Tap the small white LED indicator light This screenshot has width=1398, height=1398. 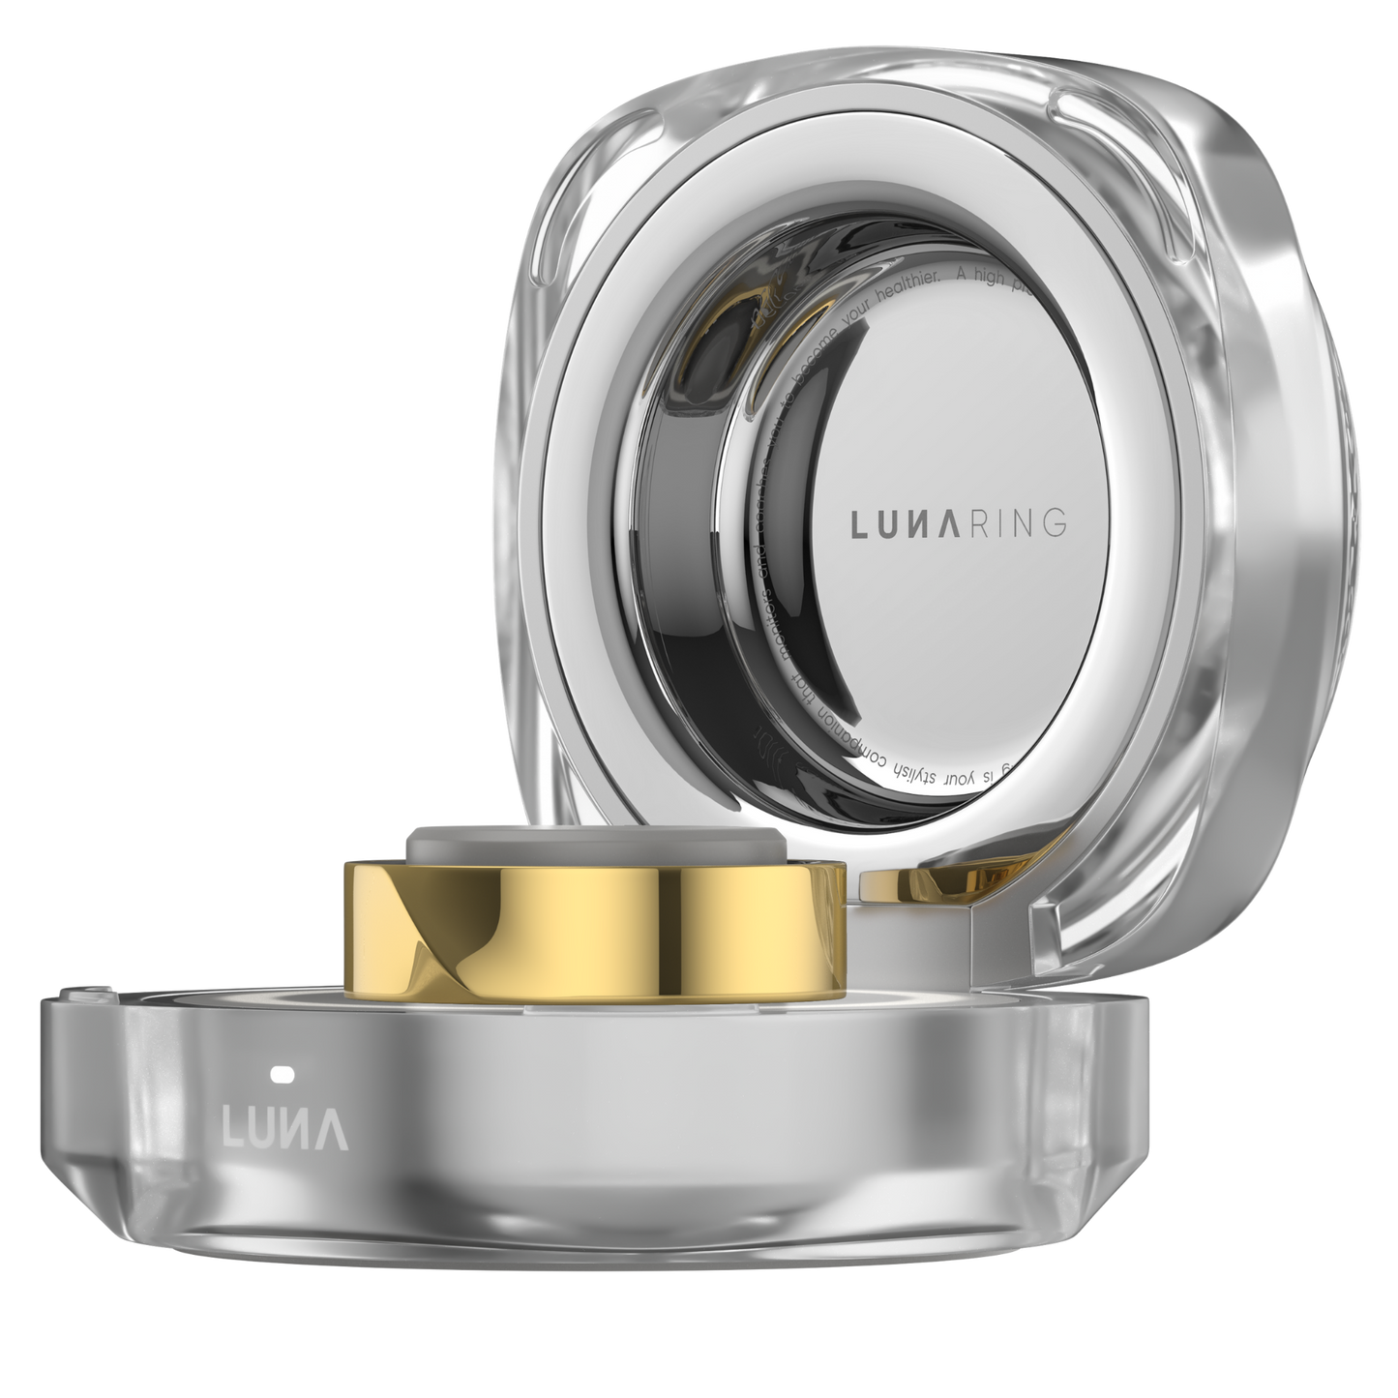point(283,1074)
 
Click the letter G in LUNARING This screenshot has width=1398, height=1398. point(1054,525)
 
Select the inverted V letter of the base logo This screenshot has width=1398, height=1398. point(335,1128)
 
